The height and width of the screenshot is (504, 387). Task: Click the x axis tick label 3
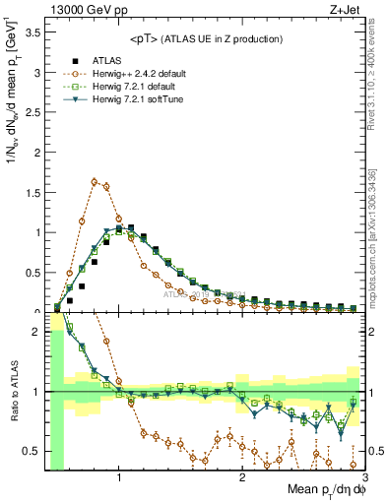point(364,479)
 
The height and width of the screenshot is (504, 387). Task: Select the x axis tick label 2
point(242,479)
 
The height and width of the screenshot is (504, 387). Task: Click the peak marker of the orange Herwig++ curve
point(94,181)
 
